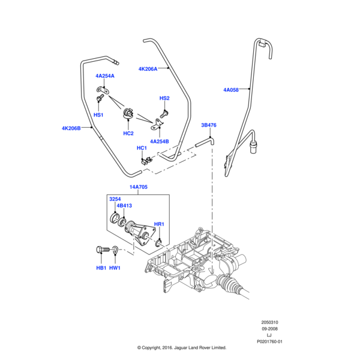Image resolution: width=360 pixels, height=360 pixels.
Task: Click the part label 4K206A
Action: coord(148,69)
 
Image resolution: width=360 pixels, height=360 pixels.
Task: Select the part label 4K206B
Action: coord(71,128)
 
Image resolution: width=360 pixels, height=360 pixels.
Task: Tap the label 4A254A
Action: coord(104,76)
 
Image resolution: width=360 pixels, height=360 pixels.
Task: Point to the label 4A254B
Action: coord(160,141)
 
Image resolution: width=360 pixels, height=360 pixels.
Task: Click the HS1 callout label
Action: coord(98,114)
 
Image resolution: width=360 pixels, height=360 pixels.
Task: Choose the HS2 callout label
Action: coord(164,98)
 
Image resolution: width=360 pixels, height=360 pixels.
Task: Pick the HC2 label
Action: coord(128,133)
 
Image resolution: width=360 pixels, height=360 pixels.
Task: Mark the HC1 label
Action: coord(142,148)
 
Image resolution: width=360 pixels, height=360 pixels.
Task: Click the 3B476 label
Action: coord(208,125)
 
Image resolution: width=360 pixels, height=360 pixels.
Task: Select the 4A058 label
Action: coord(231,90)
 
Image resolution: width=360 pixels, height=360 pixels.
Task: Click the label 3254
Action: coord(115,199)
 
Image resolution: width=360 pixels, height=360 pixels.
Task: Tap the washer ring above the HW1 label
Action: coord(115,253)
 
